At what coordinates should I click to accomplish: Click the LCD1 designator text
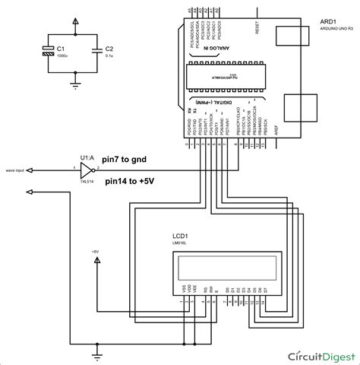pos(181,238)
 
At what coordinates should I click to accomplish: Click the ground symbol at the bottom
pos(98,352)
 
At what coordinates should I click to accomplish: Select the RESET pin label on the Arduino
pos(258,27)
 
